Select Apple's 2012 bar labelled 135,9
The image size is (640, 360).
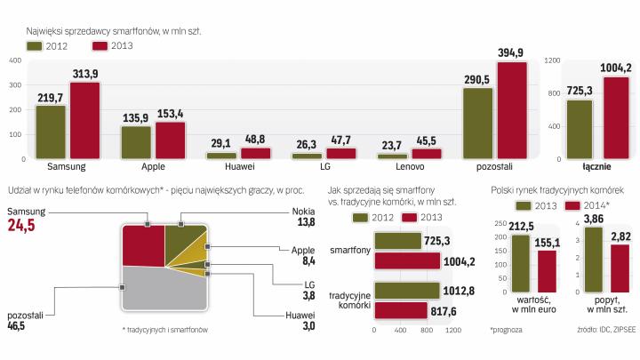click(136, 142)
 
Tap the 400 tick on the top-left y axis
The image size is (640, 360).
click(14, 60)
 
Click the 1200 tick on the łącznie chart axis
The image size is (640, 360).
click(552, 60)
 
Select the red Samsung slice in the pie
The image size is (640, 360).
click(142, 244)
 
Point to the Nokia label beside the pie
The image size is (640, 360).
click(304, 212)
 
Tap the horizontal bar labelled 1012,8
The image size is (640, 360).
click(407, 289)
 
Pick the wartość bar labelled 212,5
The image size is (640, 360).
click(521, 263)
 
